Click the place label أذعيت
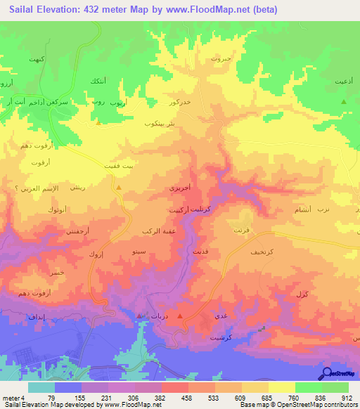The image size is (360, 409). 344,82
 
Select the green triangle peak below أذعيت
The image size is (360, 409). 344,103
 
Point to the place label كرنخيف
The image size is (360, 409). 262,250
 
